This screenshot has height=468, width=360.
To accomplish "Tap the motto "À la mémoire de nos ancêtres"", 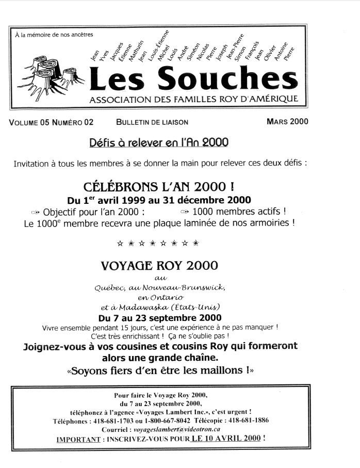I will click(54, 35).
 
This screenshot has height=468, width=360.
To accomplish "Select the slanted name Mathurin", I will click(135, 51).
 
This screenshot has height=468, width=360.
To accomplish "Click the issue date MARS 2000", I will click(287, 122).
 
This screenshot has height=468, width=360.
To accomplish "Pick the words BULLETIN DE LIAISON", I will click(152, 122).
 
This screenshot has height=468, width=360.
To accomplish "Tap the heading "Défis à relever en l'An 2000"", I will click(158, 142).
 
